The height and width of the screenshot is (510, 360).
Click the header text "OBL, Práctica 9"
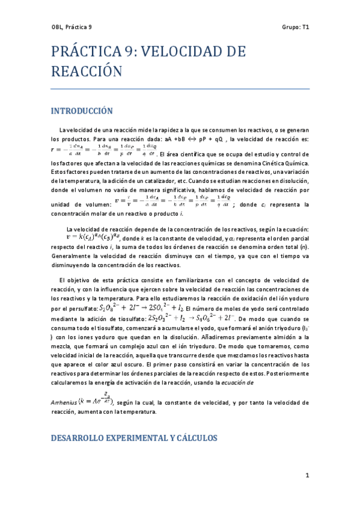[x=72, y=27]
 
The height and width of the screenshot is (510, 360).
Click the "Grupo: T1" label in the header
[x=295, y=27]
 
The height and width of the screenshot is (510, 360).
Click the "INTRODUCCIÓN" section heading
[x=82, y=111]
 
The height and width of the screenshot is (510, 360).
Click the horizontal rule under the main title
[x=180, y=89]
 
